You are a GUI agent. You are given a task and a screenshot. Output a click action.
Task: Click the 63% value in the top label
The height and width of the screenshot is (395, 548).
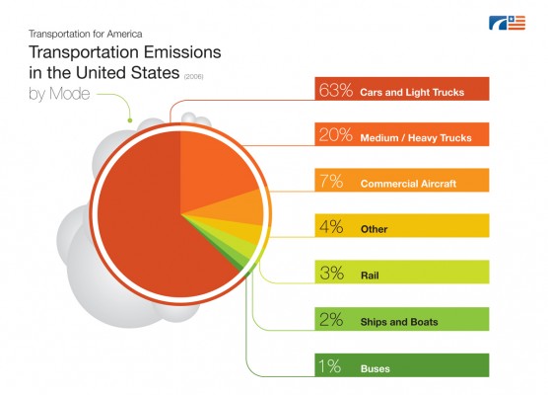336,90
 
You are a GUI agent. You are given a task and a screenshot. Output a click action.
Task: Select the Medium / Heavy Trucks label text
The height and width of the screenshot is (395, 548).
416,137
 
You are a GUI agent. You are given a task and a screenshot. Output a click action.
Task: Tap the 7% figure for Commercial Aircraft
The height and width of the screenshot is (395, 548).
331,181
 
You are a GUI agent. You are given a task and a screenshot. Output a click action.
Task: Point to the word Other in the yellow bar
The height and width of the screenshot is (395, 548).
374,229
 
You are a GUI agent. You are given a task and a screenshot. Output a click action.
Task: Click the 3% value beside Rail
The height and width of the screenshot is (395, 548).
332,273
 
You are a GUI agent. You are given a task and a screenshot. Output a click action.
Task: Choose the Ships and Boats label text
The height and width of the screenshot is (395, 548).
399,322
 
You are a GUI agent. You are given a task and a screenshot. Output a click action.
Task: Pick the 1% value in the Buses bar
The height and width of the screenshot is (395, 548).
329,366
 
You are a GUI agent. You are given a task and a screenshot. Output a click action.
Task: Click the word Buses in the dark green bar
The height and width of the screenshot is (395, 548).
375,368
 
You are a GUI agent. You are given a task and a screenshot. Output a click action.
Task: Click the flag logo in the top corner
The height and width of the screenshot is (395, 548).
507,23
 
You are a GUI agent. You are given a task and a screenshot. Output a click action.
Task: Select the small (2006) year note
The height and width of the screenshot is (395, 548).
193,76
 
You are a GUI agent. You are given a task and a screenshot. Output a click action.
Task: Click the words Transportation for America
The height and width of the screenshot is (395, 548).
86,34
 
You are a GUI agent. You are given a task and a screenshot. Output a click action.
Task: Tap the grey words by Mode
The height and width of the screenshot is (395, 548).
59,94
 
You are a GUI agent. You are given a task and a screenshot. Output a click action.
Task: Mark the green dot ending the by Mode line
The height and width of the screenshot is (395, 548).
130,120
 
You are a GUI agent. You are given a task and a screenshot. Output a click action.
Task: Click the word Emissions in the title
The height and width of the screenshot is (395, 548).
182,52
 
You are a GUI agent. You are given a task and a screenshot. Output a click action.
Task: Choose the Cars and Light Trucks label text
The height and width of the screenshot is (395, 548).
412,92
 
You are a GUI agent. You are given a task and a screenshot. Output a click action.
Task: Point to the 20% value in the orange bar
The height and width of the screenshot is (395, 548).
335,135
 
